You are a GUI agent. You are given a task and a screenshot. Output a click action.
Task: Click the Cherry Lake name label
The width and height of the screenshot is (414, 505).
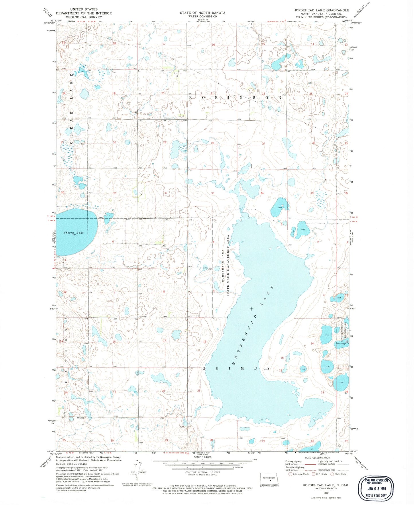click(74, 233)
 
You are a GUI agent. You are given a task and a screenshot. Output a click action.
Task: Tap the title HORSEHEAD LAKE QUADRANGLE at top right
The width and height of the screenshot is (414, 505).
click(321, 10)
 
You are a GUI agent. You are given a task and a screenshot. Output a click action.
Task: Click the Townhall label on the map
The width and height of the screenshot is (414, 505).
click(143, 317)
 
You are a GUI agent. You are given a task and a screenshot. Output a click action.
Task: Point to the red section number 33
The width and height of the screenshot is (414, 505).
click(213, 193)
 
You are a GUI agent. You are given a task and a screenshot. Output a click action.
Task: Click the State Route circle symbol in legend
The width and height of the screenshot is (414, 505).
click(332, 474)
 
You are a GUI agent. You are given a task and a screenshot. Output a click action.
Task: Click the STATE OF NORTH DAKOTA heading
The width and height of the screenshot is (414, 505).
click(202, 13)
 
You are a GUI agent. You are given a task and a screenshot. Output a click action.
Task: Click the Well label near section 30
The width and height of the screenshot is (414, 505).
click(83, 144)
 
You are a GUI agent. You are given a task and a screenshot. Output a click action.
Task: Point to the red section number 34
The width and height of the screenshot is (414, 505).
click(262, 193)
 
